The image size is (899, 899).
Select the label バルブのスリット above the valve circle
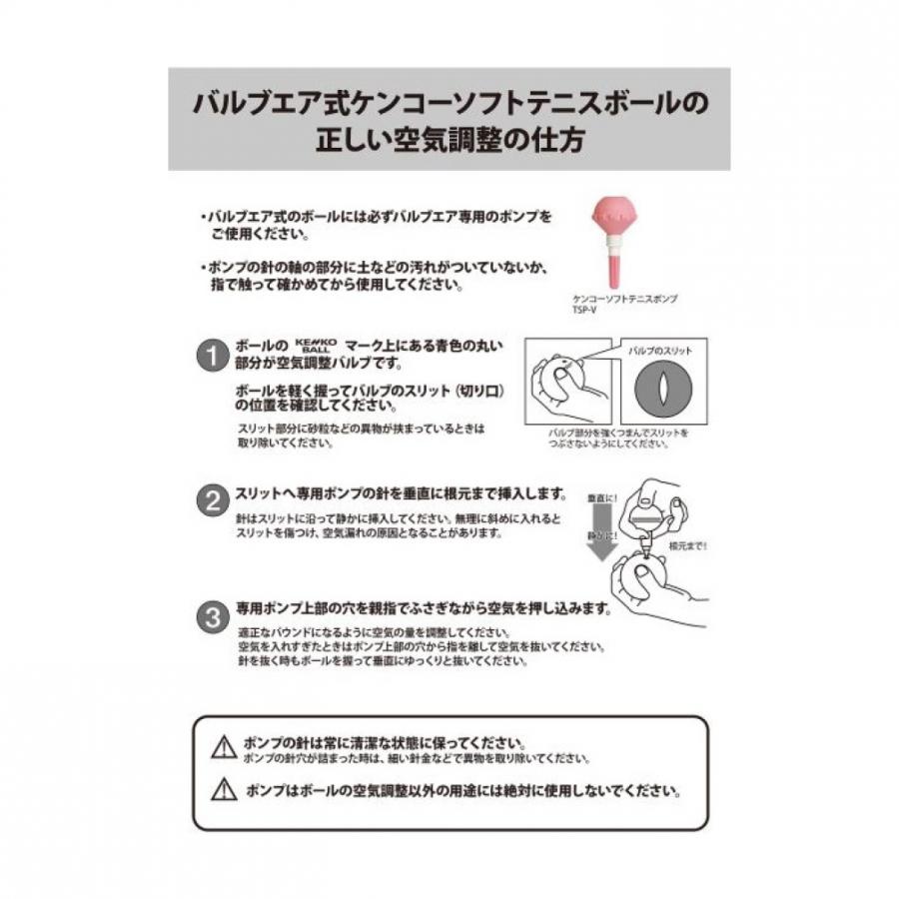[x=662, y=351]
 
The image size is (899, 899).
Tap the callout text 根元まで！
[x=687, y=546]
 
